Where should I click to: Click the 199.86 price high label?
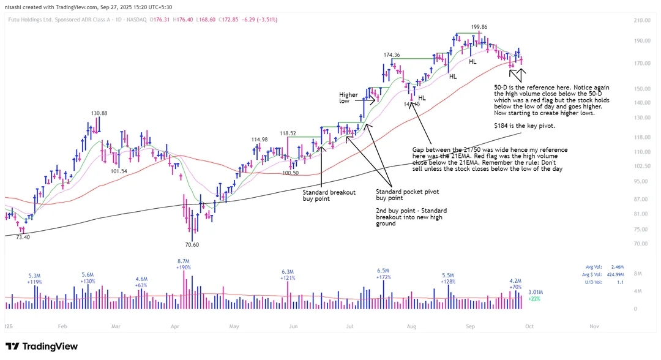pos(479,27)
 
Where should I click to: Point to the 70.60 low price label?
pos(192,244)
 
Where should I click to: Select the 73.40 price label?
pos(22,237)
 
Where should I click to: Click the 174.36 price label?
pos(392,55)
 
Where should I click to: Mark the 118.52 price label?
pos(288,133)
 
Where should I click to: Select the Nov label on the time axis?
pos(594,327)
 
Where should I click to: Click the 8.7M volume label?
pos(183,261)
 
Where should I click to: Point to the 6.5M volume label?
pos(384,270)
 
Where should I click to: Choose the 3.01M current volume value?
pos(536,293)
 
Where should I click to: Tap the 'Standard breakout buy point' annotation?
pos(329,195)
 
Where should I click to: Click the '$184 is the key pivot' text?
pos(525,125)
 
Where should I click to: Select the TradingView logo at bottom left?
pos(42,347)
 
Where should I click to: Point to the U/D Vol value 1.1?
pos(626,282)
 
